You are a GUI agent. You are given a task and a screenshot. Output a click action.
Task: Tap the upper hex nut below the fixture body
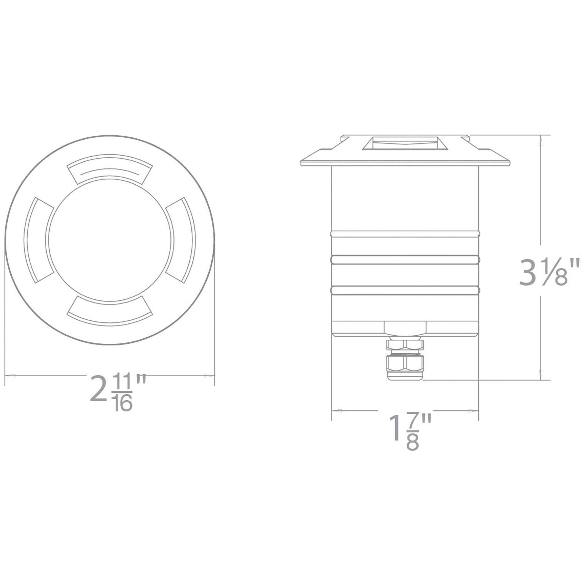[x=405, y=344]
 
